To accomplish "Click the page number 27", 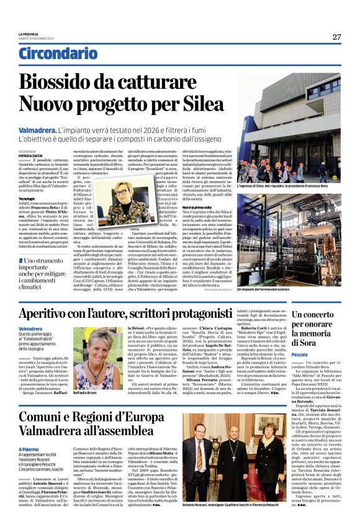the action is point(336,37).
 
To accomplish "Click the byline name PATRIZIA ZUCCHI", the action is point(31,155).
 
